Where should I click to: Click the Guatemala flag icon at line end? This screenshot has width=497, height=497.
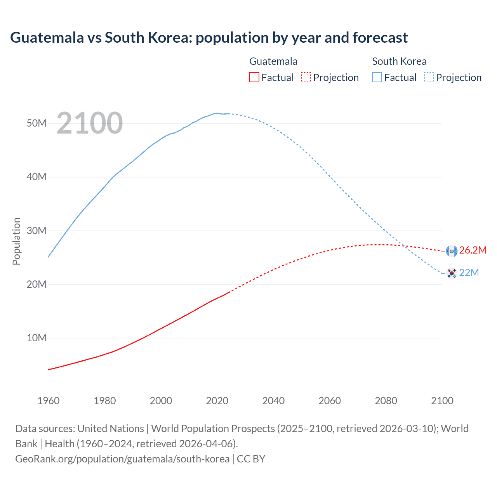point(452,251)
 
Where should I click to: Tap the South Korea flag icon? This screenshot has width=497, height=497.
point(452,273)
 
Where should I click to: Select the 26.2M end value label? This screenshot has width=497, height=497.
point(473,250)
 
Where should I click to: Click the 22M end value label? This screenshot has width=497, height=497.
point(469,273)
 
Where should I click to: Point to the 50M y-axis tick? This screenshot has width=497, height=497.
point(36,123)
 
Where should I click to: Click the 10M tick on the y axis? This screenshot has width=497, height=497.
point(36,338)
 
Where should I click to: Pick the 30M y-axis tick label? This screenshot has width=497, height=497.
point(36,231)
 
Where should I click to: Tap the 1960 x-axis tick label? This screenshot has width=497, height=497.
point(49,401)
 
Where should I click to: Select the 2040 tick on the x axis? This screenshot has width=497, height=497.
point(273,401)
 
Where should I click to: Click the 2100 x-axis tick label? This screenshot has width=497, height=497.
point(442,401)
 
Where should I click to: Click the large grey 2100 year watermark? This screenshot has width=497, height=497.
point(90,123)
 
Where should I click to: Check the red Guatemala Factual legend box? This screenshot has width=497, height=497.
point(254,78)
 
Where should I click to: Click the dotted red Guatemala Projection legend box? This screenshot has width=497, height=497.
point(306,78)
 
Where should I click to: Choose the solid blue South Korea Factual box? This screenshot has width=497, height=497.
point(377,78)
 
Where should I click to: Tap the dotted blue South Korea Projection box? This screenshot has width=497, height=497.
point(429,78)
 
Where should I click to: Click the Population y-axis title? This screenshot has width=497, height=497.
point(16,241)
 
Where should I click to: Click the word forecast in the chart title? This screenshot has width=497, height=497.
point(380,38)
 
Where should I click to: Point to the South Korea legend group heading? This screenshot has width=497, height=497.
point(399,61)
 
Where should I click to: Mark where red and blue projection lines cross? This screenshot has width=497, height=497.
point(405,246)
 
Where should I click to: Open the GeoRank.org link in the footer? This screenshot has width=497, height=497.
point(122,459)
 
